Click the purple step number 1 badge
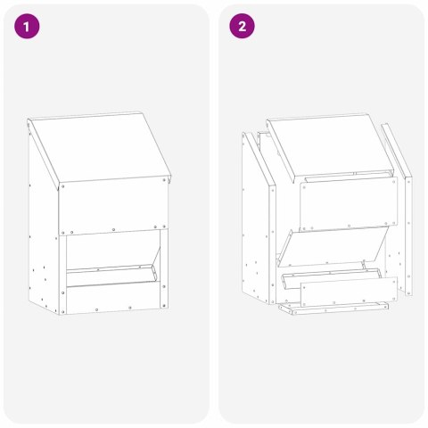pos(29,27)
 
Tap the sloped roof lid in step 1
pos(98,147)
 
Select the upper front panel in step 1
pos(113,206)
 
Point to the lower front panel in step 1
pos(113,298)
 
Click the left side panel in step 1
pos(43,241)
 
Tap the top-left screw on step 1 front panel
pos(63,186)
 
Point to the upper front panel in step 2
pos(342,203)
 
